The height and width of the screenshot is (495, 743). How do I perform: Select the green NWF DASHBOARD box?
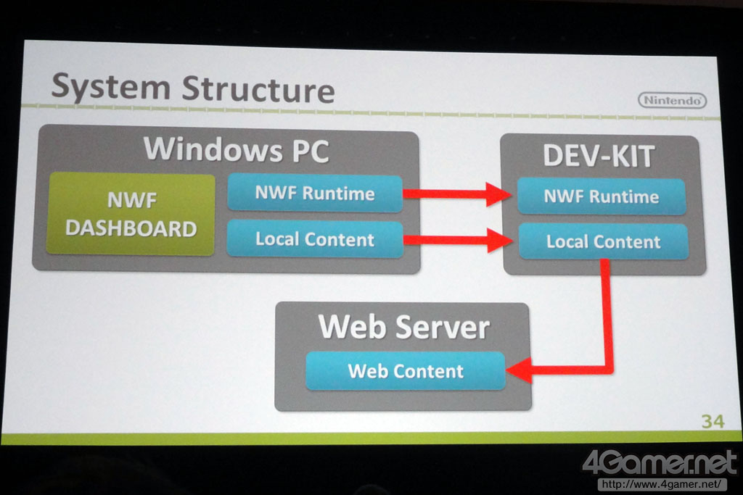131,215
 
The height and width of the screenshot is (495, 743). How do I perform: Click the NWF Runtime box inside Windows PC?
315,194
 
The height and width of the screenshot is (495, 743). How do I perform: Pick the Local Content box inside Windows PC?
315,239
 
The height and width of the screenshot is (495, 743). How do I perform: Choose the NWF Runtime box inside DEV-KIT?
602,196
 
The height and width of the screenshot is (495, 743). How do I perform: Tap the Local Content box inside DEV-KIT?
603,242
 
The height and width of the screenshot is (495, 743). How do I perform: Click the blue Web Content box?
405,371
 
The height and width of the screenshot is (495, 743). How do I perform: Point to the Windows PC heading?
236,150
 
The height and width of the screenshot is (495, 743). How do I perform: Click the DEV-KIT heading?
600,156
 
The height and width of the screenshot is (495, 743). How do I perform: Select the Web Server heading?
403,327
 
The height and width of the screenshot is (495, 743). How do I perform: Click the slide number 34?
712,421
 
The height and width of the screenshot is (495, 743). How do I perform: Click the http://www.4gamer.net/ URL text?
662,483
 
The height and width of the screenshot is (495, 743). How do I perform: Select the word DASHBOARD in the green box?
131,229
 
